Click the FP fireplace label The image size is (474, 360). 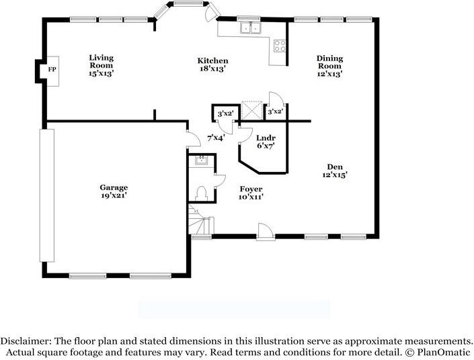(51, 69)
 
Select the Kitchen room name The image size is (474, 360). (212, 60)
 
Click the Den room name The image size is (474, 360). (334, 167)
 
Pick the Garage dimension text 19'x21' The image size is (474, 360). (114, 195)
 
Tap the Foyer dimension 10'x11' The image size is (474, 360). (250, 197)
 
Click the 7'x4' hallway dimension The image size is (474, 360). (216, 138)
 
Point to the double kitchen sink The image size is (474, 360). (251, 28)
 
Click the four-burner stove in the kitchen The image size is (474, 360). (280, 46)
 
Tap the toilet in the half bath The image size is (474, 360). (200, 193)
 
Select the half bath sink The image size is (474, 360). (200, 161)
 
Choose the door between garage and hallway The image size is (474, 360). (192, 139)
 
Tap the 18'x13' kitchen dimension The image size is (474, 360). (212, 69)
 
